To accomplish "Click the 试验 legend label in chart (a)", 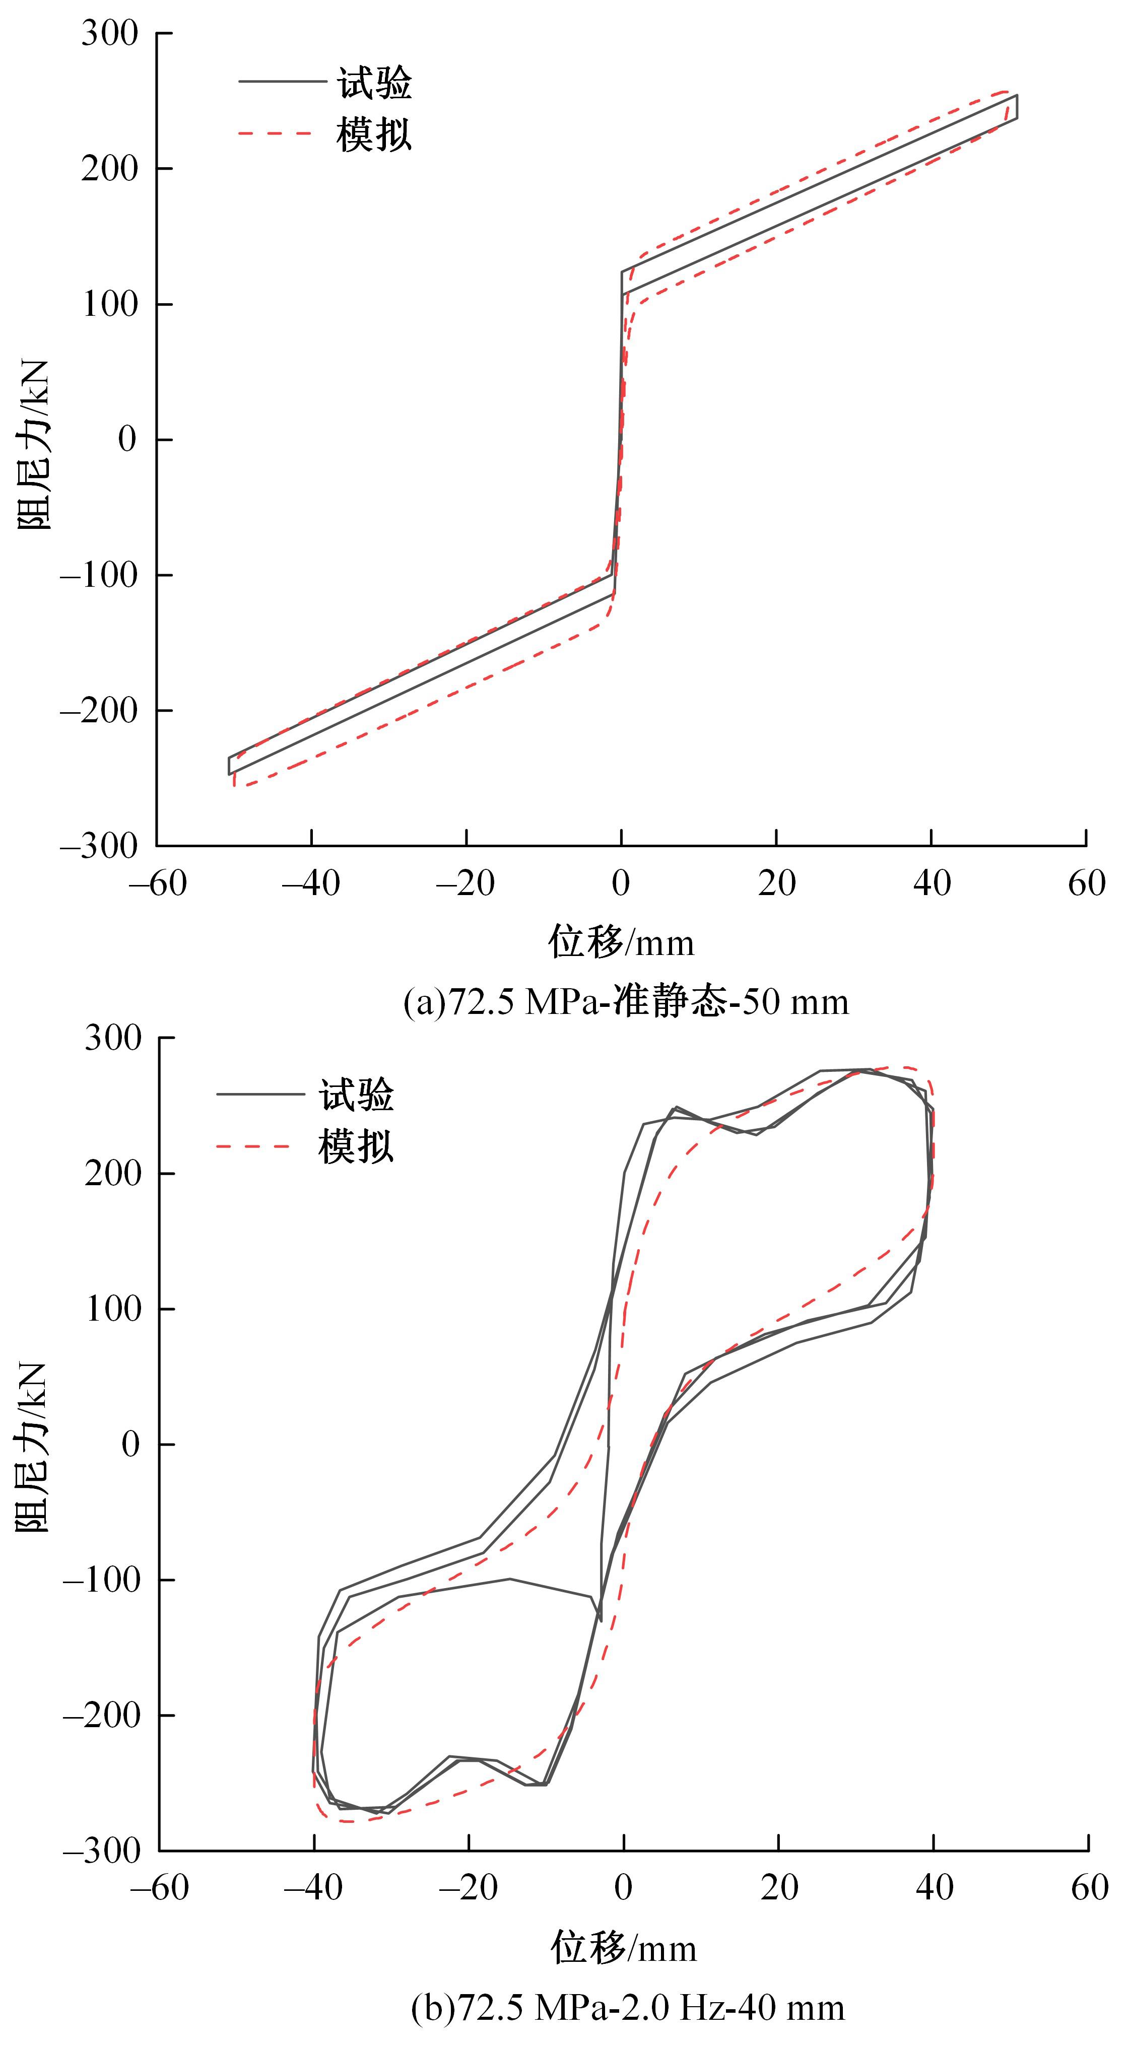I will click(374, 83).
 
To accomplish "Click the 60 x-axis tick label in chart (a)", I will click(1086, 882).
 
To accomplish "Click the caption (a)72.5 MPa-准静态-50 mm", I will click(626, 1001).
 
